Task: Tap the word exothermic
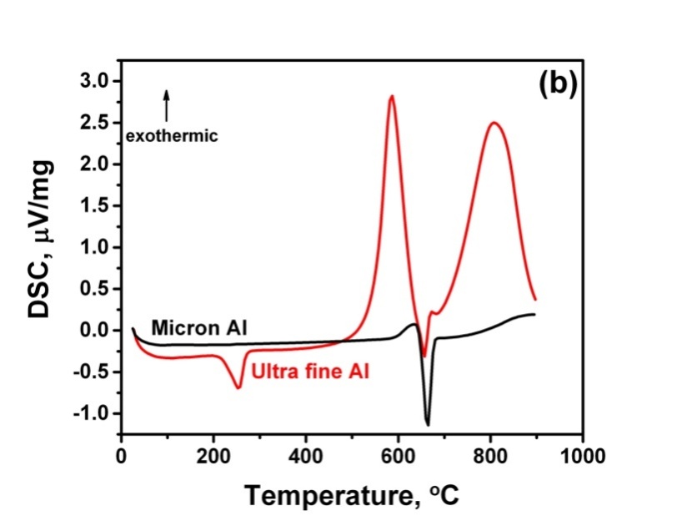[x=171, y=134]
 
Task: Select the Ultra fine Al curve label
[x=310, y=370]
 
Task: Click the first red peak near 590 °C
[x=391, y=97]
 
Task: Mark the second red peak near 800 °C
[x=494, y=123]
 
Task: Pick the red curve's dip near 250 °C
[x=238, y=387]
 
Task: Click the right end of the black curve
[x=534, y=314]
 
